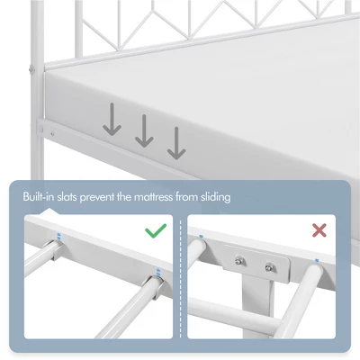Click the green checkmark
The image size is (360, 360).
[x=156, y=231]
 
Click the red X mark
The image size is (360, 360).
[x=319, y=231]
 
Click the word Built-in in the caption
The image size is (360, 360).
[x=45, y=195]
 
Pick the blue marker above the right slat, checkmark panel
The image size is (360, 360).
[x=158, y=273]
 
